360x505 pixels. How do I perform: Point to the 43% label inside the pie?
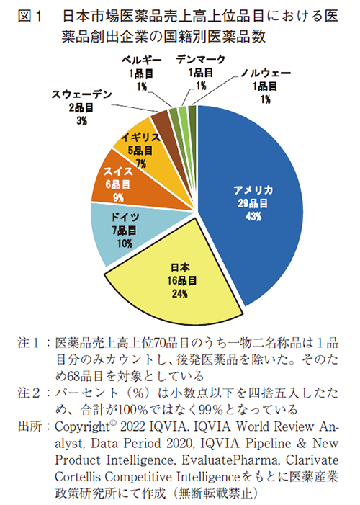point(252,217)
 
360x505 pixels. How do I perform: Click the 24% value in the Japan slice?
point(179,294)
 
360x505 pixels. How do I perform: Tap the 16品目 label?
point(179,280)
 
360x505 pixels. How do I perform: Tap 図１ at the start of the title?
point(25,14)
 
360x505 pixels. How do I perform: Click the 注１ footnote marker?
point(28,340)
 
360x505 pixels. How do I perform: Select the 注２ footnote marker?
point(28,393)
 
